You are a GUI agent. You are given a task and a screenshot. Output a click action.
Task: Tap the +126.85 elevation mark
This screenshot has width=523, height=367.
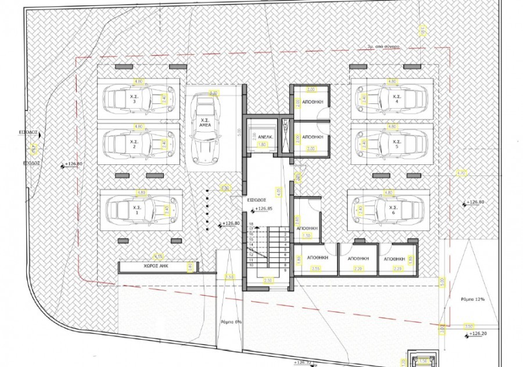263,208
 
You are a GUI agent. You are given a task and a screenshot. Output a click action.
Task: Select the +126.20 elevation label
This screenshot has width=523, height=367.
478,334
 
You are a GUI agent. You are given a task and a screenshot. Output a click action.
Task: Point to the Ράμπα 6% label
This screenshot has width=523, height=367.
231,321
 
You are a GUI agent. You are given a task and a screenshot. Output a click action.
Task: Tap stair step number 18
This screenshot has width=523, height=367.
252,224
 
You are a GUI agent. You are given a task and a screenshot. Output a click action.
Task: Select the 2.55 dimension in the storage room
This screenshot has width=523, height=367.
316,269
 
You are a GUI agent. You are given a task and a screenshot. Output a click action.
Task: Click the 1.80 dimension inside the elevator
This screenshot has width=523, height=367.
262,144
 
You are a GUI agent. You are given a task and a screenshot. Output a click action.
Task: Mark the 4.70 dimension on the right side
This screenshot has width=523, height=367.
461,172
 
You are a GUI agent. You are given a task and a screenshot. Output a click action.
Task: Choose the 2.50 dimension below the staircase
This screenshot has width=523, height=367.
268,280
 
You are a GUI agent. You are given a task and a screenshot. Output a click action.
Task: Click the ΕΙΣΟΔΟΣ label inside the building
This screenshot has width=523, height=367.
256,199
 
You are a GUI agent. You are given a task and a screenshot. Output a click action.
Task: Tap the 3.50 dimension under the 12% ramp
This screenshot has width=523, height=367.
469,326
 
